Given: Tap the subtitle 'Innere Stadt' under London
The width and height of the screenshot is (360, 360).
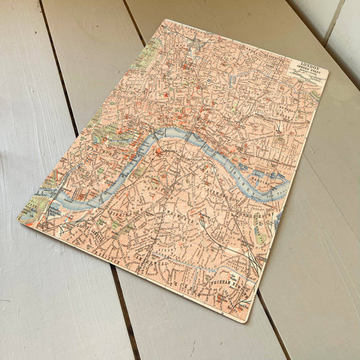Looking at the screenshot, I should [308, 72].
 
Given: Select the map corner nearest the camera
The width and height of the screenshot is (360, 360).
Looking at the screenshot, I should [247, 319].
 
